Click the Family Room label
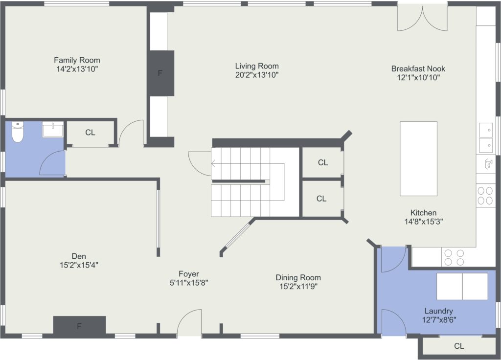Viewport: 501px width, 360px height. pos(77,60)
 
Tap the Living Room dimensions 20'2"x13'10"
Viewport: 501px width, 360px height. pos(257,75)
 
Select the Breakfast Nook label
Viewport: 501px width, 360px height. pos(418,68)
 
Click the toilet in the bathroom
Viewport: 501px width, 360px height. pos(18,132)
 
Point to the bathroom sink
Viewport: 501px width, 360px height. pos(53,129)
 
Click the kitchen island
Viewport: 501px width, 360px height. pos(419,158)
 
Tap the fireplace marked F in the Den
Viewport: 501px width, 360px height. pos(79,325)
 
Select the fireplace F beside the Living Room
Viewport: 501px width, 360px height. pos(160,73)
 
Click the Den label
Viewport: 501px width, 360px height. pos(79,256)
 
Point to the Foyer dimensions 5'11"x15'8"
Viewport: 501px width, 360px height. pos(189,283)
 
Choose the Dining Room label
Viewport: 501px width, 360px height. pos(298,278)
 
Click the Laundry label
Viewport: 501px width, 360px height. pos(439,311)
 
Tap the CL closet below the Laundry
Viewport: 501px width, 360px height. pos(459,346)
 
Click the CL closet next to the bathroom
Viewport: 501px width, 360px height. pos(91,133)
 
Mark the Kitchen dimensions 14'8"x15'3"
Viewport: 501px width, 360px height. pos(424,222)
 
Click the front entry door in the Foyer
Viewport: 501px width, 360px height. pos(189,322)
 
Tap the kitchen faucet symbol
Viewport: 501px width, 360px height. pos(488,164)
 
